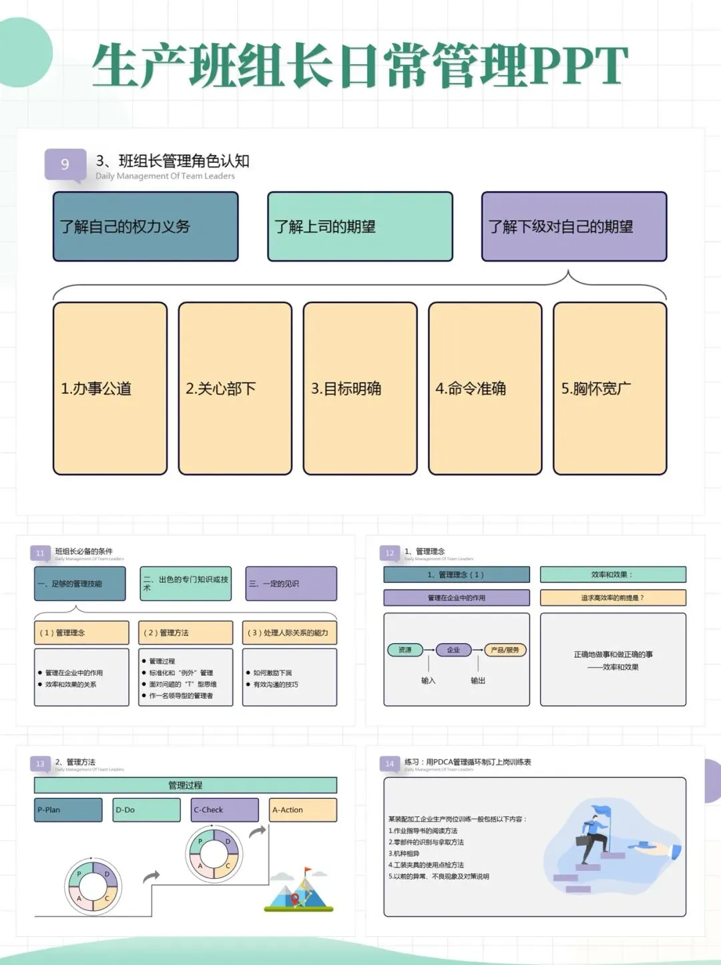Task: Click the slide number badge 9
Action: [65, 164]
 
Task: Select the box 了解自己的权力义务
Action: [146, 226]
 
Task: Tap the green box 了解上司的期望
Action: [360, 226]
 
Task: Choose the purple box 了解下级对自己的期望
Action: [574, 226]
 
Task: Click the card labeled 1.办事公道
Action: [110, 389]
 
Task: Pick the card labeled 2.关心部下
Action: [235, 389]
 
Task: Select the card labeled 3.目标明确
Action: [360, 389]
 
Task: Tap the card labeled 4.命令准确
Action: [485, 389]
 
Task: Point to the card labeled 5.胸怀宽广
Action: [610, 389]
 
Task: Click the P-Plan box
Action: [68, 810]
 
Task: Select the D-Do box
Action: [147, 810]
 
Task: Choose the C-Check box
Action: [225, 810]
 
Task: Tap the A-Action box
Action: [303, 810]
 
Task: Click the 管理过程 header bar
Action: [186, 785]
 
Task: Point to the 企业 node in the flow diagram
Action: [453, 650]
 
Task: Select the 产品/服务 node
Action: [505, 650]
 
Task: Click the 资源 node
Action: [405, 650]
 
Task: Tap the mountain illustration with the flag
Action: [299, 891]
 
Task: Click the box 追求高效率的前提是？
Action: [613, 598]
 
